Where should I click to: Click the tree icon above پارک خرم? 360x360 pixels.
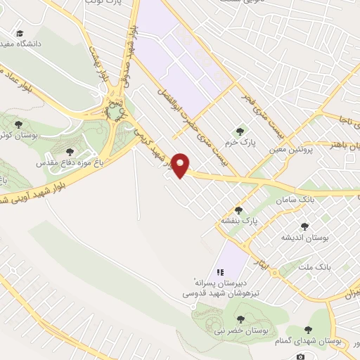[241, 131]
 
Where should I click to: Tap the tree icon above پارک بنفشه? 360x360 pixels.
[238, 210]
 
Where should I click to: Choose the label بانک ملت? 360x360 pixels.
[314, 268]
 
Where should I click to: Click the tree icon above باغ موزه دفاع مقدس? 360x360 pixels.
[69, 151]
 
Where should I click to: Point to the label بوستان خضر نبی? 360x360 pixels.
[240, 330]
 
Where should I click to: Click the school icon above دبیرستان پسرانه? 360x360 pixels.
[219, 271]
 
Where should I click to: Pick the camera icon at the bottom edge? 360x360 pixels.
[301, 356]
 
